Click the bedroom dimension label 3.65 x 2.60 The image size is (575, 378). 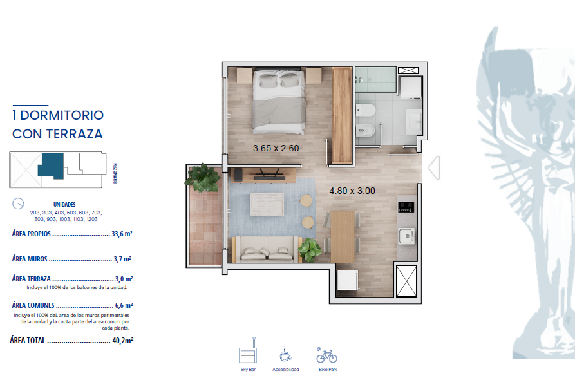276,148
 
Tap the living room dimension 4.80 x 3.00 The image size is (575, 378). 352,191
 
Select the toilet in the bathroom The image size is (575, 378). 366,110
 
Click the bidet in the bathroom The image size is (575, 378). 365,131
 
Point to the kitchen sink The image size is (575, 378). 406,236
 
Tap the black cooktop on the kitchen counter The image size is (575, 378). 406,207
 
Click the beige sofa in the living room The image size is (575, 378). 267,249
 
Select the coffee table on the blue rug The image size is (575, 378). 267,204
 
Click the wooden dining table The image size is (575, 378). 343,237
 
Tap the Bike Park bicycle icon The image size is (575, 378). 326,355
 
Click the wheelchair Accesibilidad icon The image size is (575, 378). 286,355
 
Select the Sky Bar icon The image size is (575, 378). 248,351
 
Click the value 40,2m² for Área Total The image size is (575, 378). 123,341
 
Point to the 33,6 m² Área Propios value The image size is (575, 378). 122,234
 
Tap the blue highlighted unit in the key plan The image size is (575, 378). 52,165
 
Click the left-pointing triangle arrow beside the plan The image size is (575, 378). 434,167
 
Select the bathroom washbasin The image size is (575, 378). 413,120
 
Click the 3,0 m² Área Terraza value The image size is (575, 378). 124,279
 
